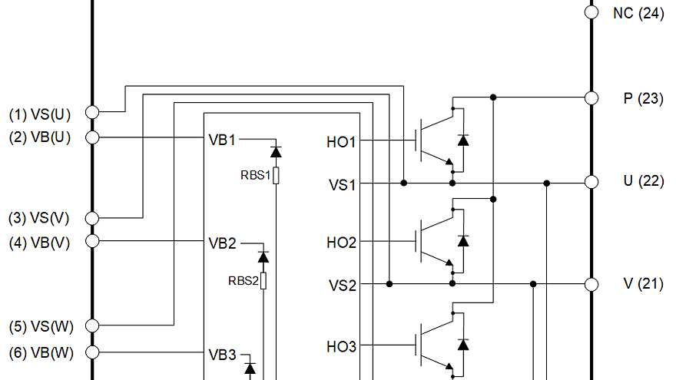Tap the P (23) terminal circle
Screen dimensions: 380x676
pyautogui.click(x=591, y=97)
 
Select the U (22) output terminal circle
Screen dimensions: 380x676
pyautogui.click(x=591, y=182)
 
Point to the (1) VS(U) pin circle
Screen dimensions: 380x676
pyautogui.click(x=91, y=112)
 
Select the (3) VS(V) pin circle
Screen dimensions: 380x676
pyautogui.click(x=91, y=218)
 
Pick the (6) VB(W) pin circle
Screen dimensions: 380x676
pyautogui.click(x=91, y=352)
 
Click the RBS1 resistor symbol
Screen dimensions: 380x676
pyautogui.click(x=276, y=176)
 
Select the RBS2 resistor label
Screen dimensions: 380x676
pyautogui.click(x=243, y=280)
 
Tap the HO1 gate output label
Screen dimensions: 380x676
pyautogui.click(x=341, y=141)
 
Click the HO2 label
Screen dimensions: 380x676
pyautogui.click(x=341, y=243)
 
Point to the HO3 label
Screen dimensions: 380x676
pyautogui.click(x=341, y=347)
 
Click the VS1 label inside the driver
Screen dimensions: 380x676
pyautogui.click(x=343, y=184)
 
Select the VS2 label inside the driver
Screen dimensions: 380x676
pyautogui.click(x=343, y=286)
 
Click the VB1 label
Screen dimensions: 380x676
pyautogui.click(x=222, y=140)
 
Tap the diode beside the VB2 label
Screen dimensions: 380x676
pyautogui.click(x=263, y=256)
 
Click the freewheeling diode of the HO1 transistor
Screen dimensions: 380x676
pyautogui.click(x=463, y=140)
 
